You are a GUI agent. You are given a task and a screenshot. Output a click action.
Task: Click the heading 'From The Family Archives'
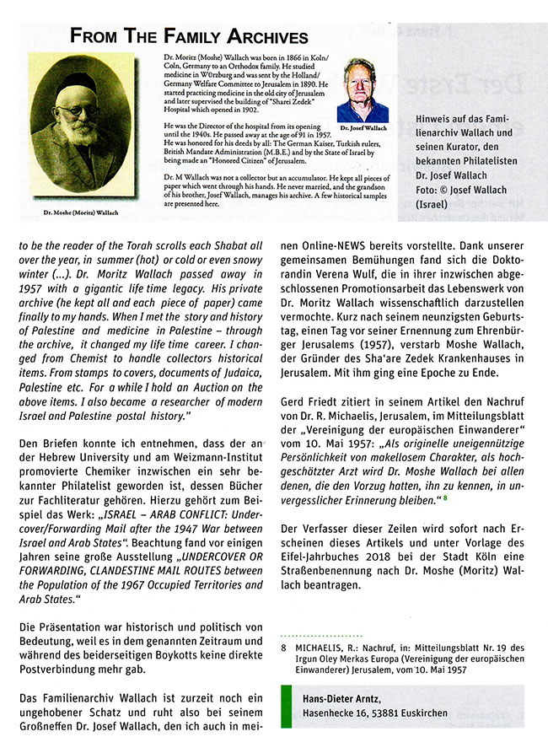click(190, 36)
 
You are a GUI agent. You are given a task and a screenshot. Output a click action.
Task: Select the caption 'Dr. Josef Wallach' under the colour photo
click(363, 128)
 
